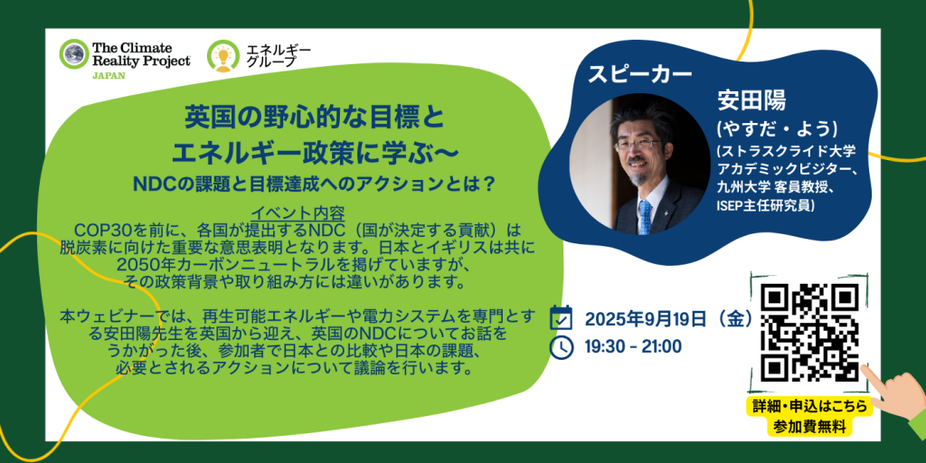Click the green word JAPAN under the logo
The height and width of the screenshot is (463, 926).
point(108,76)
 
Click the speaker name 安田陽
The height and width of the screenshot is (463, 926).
point(751,101)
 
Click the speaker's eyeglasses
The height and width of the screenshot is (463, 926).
point(638,143)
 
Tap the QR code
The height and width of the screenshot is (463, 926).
point(809,332)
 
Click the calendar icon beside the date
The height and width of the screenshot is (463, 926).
point(561,317)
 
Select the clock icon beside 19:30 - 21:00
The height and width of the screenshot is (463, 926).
point(561,346)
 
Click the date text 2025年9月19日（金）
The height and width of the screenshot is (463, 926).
point(668,319)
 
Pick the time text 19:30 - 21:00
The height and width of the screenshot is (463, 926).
point(632,346)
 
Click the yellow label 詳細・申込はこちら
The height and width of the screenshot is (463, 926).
point(809,406)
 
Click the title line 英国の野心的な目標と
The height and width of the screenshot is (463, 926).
point(312,118)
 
